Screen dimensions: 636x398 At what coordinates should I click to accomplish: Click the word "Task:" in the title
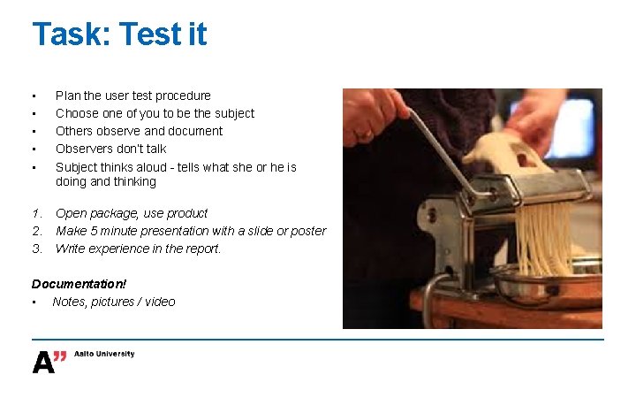pos(72,34)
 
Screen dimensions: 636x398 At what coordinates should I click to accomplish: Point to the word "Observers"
pos(81,149)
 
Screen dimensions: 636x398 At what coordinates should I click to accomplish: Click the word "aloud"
pos(151,167)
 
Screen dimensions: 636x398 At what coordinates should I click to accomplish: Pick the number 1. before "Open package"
pos(37,213)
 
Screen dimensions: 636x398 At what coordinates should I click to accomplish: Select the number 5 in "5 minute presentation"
pos(94,231)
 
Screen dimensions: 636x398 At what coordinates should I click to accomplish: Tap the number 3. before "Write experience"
pos(37,249)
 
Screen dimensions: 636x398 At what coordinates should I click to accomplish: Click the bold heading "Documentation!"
pos(79,284)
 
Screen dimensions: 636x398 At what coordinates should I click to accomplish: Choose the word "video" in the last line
pos(160,302)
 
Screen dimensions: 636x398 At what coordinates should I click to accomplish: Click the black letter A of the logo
pos(43,363)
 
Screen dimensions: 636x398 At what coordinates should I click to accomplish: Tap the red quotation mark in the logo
pos(60,356)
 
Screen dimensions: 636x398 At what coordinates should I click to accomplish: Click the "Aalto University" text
pos(104,354)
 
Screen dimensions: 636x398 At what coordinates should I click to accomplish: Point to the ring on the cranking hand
pos(364,134)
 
